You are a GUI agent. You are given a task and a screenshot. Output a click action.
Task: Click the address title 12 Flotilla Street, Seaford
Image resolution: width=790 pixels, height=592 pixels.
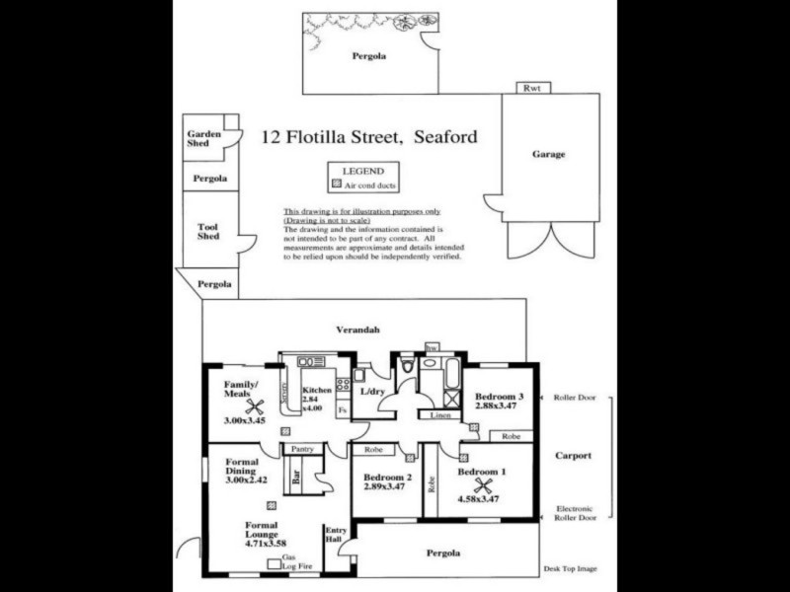(368, 137)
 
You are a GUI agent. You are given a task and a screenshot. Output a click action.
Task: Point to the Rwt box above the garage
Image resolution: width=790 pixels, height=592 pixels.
(532, 87)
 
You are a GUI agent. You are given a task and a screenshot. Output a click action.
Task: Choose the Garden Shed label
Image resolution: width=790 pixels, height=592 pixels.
(203, 139)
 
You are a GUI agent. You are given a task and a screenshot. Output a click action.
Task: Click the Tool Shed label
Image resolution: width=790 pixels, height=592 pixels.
(207, 231)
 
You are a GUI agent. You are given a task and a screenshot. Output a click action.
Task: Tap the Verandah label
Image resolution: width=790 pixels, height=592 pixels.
(357, 330)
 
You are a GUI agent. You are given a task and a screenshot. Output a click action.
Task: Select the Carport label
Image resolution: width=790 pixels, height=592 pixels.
(573, 456)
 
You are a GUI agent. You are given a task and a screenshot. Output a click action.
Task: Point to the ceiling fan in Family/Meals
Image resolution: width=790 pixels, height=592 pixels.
(255, 406)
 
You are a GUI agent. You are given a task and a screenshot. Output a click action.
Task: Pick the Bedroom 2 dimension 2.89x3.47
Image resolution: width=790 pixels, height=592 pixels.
(386, 487)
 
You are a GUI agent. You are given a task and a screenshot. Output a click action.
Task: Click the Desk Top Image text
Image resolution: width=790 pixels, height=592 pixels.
(571, 569)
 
